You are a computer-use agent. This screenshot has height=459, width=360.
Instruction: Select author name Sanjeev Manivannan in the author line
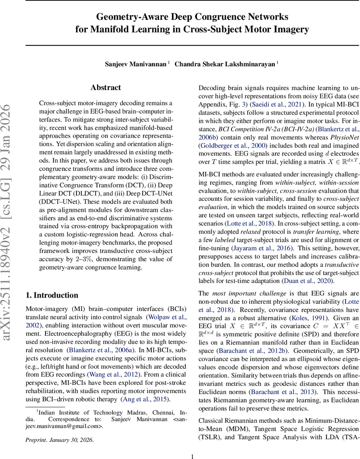pos(135,64)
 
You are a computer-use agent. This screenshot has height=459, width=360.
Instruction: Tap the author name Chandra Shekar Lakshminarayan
pos(225,64)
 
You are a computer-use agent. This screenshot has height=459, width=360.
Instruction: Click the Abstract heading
pos(106,88)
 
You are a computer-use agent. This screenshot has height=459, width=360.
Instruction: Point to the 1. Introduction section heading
pos(52,295)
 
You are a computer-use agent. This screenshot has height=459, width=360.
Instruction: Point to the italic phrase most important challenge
pos(249,293)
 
